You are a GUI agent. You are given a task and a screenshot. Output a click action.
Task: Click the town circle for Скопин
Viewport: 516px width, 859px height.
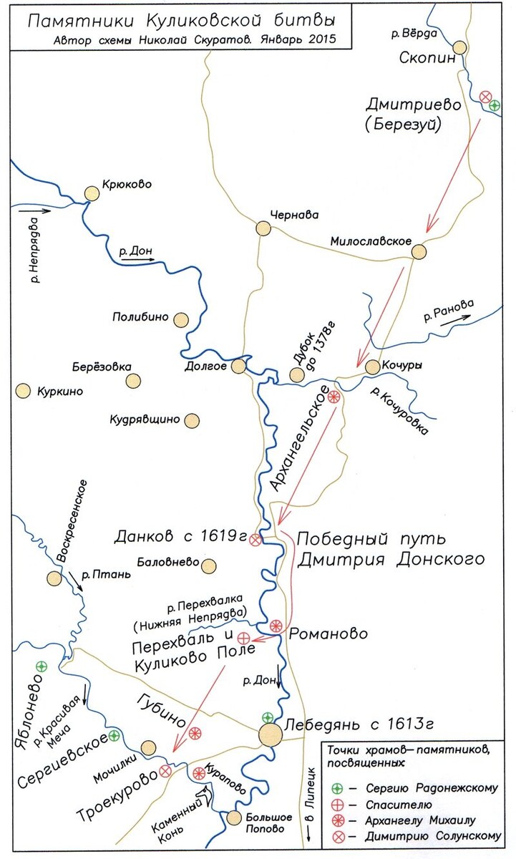coord(459,48)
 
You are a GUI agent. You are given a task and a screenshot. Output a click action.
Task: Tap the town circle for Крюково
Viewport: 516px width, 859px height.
coord(92,193)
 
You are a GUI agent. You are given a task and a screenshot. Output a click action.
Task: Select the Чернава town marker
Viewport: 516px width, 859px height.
coord(263,228)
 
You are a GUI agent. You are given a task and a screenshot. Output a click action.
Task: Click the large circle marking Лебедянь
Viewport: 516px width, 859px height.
coord(271,734)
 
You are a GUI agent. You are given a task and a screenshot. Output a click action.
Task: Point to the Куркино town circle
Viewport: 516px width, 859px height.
coord(23,391)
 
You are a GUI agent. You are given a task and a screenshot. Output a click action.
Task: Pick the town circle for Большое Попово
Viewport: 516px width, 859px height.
coord(233,817)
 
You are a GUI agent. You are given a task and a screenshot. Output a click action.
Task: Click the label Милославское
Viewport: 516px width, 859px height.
coord(370,241)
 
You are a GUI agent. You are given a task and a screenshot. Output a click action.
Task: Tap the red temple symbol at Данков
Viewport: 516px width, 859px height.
coord(255,541)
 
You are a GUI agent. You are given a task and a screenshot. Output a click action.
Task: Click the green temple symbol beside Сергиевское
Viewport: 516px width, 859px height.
coord(113,735)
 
